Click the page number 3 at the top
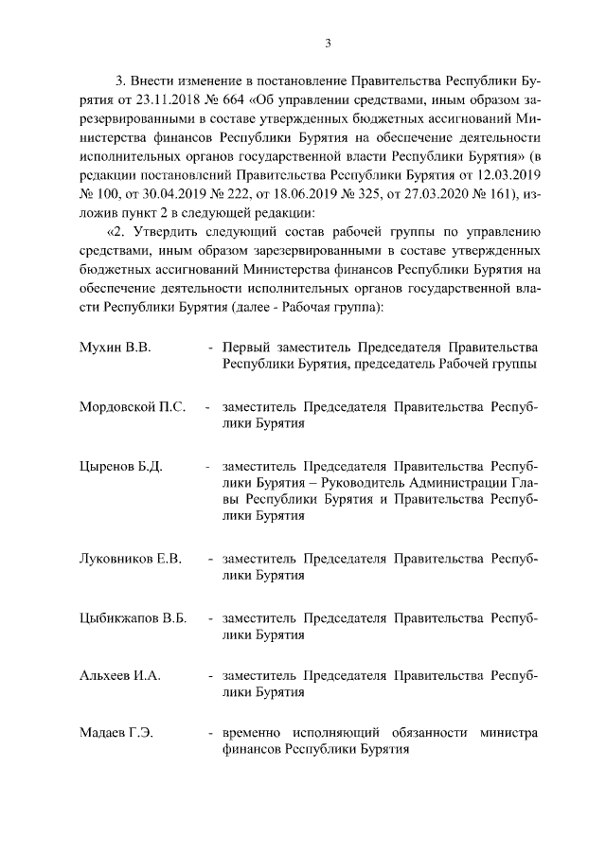tap(327, 42)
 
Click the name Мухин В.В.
tap(116, 348)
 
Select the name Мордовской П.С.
tap(132, 408)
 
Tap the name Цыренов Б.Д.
tap(121, 468)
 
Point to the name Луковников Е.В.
tap(131, 558)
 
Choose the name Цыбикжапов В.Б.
tap(133, 617)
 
